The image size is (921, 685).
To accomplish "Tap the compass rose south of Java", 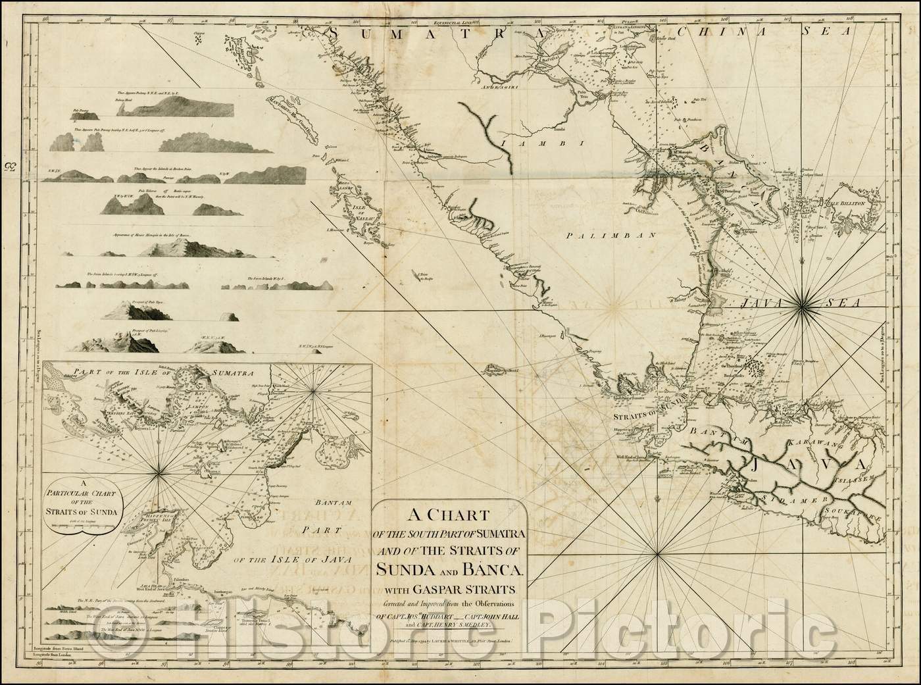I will pos(659,557).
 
